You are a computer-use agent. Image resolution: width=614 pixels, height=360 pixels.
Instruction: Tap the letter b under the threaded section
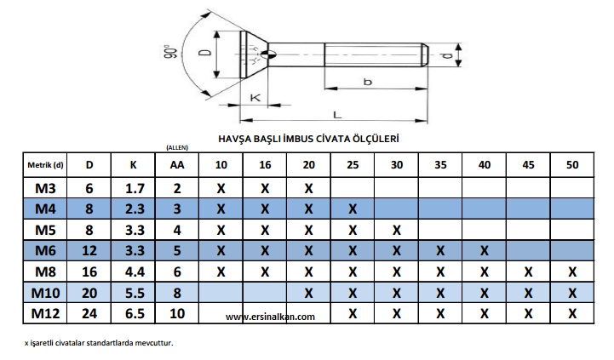(x=367, y=82)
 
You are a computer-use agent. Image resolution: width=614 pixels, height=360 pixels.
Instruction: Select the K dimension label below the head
(x=255, y=97)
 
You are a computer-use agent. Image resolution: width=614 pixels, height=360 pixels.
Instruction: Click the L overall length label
(x=337, y=115)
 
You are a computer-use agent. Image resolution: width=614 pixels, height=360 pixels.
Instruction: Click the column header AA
(x=177, y=165)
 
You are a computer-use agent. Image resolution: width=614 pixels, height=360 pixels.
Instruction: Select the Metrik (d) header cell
(x=45, y=165)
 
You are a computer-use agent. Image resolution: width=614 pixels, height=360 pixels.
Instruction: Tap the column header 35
(x=440, y=165)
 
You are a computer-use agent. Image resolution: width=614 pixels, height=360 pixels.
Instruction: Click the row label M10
(x=45, y=293)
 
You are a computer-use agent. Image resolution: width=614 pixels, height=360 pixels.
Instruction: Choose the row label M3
(x=45, y=189)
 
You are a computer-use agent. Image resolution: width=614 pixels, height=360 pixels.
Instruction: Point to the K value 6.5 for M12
(x=135, y=313)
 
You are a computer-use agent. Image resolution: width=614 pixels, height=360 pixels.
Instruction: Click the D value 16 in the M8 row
(x=89, y=271)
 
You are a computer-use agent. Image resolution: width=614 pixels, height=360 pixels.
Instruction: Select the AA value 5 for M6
(x=177, y=250)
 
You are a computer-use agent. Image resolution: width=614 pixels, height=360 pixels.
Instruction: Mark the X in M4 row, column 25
(x=353, y=209)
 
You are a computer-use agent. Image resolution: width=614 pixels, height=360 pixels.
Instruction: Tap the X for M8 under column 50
(x=572, y=271)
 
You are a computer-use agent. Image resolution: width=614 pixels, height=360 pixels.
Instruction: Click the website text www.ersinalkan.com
(x=270, y=317)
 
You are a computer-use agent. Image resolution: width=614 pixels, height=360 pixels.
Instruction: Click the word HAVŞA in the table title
(x=231, y=139)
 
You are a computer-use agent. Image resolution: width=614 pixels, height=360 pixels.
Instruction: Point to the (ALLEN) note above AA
(x=177, y=147)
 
